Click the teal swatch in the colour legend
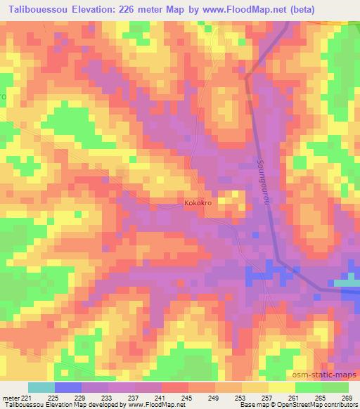pyautogui.click(x=41, y=387)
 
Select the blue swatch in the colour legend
pyautogui.click(x=69, y=387)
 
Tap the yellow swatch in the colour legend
pyautogui.click(x=281, y=387)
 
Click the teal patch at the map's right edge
pyautogui.click(x=347, y=283)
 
